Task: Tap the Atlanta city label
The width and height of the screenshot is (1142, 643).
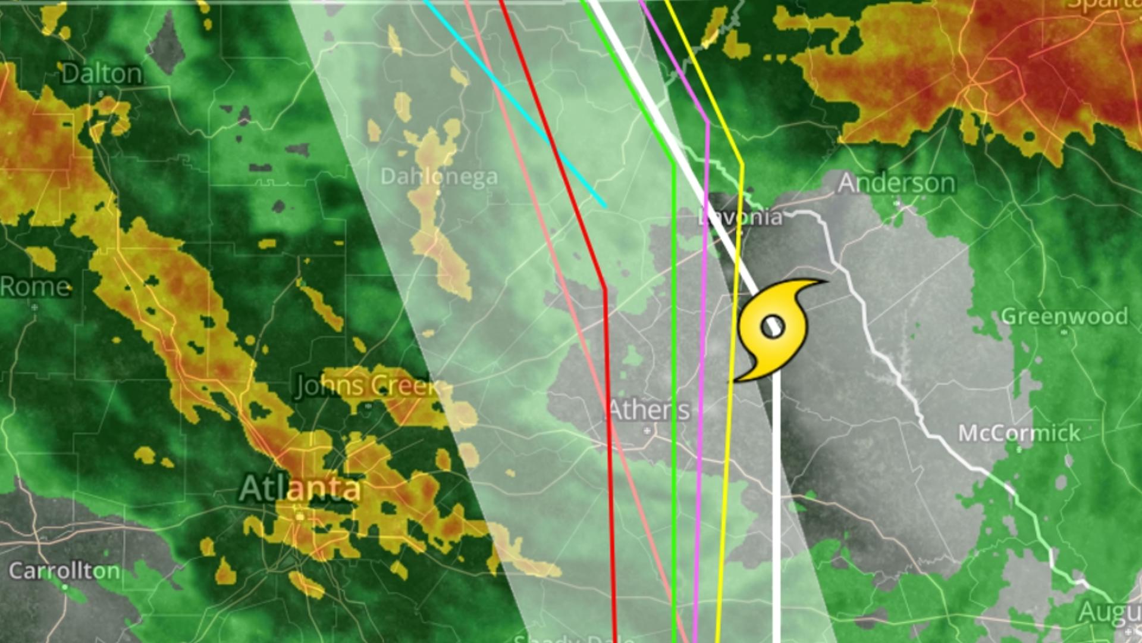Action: click(300, 489)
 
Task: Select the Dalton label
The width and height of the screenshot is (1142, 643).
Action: click(102, 74)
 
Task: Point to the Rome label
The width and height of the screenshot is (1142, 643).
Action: click(35, 287)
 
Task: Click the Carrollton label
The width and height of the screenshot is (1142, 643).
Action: click(64, 571)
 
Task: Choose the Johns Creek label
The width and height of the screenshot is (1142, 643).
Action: click(366, 386)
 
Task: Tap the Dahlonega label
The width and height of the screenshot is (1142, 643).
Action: click(439, 176)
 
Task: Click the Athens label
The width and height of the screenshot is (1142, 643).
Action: click(649, 410)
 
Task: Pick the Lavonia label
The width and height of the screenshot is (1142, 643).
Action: click(741, 217)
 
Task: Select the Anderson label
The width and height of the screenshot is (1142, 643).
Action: click(896, 183)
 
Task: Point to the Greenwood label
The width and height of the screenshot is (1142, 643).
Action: click(1065, 316)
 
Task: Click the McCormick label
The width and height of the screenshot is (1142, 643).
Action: click(1019, 433)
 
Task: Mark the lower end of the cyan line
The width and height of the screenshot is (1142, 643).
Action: click(605, 206)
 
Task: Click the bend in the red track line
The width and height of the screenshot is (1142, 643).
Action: click(605, 290)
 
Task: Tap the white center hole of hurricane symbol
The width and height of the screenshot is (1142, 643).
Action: click(773, 327)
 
